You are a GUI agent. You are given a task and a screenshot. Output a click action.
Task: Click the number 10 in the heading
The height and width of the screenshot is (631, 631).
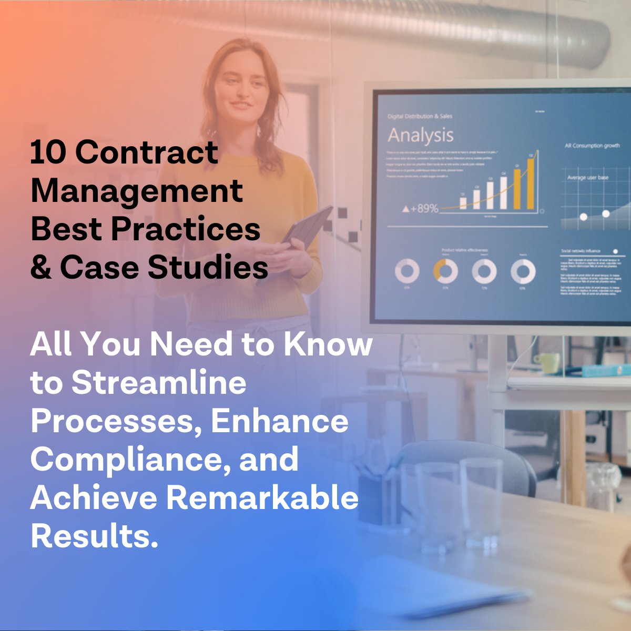pos(48,152)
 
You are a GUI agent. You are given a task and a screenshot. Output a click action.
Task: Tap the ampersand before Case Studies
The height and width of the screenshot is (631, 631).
pos(41,267)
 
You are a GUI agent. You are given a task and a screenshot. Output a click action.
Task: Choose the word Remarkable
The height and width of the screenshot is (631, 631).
pos(262,498)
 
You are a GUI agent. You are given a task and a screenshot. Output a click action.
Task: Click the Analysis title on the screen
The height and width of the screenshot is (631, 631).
pos(421,136)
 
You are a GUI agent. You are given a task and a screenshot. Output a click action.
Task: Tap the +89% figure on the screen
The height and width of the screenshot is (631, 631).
pos(420,209)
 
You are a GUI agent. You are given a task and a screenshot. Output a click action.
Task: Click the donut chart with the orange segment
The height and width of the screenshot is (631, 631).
pos(445,271)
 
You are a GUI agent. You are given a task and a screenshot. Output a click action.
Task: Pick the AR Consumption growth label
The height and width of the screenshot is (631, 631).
pos(592,146)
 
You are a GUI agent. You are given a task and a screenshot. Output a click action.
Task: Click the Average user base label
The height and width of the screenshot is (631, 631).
pos(587,178)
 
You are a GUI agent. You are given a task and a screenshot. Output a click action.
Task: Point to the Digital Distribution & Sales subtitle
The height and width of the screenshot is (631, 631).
pos(420,116)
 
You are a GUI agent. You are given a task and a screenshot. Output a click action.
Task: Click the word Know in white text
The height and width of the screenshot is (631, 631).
pos(328,344)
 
